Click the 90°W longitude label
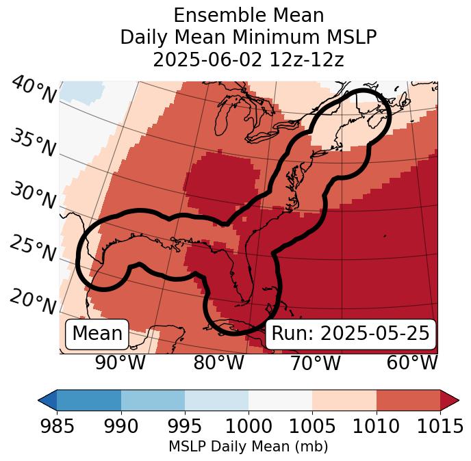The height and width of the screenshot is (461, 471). coord(120,363)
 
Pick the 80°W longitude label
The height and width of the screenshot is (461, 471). coord(218,363)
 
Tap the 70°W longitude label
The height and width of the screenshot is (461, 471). coord(316,363)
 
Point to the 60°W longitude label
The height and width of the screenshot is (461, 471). coord(412,363)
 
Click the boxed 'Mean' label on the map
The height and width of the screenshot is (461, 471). coord(97,334)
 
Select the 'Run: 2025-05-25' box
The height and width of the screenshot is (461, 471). coord(351,334)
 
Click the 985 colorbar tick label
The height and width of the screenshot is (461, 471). coord(57,427)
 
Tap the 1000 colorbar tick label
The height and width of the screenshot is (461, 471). coord(249,427)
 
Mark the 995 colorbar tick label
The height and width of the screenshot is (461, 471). coord(185,427)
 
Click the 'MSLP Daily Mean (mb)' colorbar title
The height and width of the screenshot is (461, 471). coord(248,447)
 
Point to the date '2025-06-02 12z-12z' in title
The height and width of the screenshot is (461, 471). coord(249,60)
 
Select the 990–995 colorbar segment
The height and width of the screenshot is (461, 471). coord(153,400)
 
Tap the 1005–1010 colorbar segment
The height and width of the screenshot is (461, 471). coord(344,400)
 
